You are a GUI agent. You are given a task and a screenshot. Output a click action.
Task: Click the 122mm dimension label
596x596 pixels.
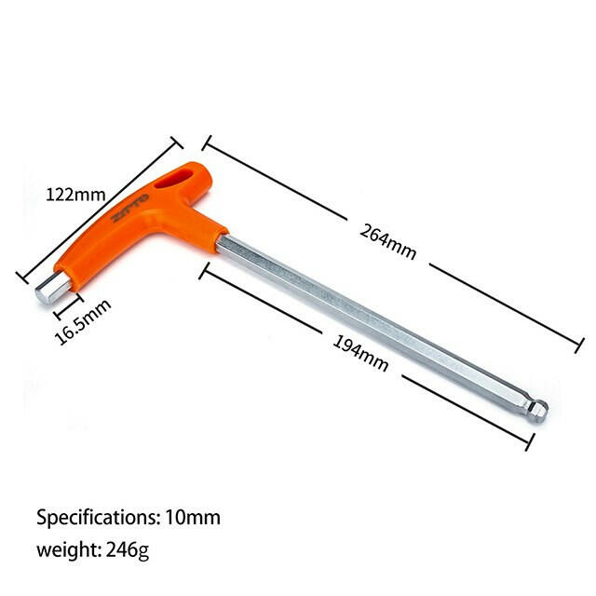coord(75,195)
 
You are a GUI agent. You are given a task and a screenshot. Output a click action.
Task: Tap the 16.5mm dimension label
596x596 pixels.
coord(83,322)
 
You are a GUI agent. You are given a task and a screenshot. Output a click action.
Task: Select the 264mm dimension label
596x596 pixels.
coord(387,241)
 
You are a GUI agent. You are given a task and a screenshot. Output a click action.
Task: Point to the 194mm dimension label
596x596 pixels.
coord(359,353)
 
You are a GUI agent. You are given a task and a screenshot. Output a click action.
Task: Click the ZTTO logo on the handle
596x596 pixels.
coord(123,213)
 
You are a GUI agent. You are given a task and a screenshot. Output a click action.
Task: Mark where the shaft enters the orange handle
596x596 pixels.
coord(221,241)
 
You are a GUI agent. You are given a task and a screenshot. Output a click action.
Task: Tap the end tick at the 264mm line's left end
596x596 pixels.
coord(207,142)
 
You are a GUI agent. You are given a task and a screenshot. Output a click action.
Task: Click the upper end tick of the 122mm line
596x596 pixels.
coord(176,142)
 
